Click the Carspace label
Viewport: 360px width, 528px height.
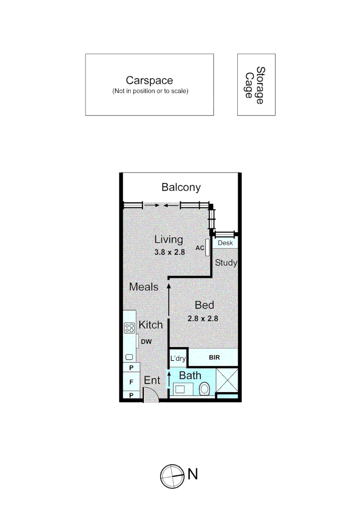point(149,81)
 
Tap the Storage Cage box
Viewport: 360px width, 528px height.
point(256,85)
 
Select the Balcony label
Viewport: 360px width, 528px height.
point(181,187)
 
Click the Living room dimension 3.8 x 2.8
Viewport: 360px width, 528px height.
point(169,253)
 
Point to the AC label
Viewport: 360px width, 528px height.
point(200,248)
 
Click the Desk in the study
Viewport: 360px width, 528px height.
point(225,243)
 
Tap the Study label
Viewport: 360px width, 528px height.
point(226,263)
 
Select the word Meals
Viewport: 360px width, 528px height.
point(144,287)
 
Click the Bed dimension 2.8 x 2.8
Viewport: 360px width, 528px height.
point(202,318)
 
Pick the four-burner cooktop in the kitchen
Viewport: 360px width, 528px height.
point(130,328)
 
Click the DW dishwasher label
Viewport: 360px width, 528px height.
point(146,342)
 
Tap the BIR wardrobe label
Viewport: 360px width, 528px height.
point(214,358)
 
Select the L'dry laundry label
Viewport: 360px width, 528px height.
point(178,359)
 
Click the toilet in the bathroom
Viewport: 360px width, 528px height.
point(205,390)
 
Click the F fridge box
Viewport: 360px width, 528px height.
point(131,381)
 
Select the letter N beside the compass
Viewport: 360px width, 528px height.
point(193,474)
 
